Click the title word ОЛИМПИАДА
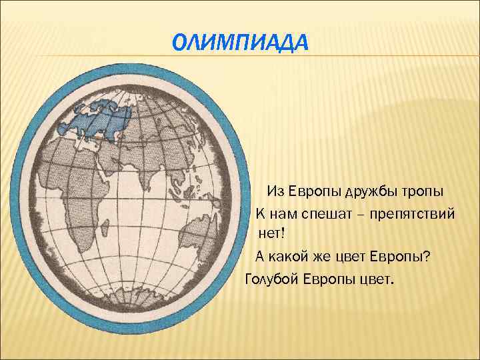coord(240,43)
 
